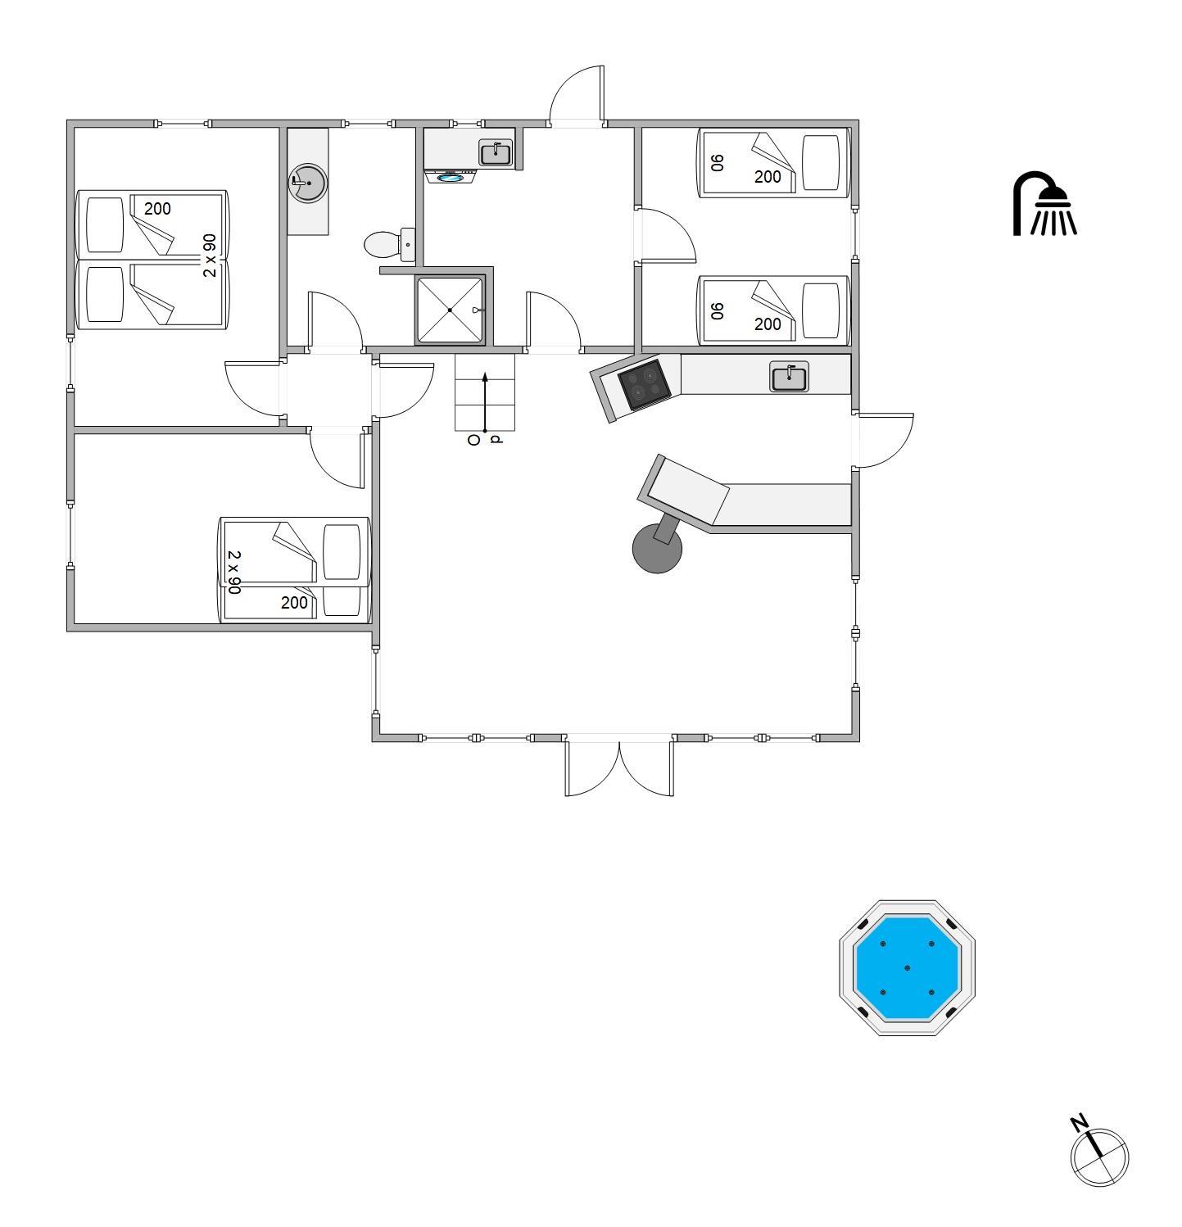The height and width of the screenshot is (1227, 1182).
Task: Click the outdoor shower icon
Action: tap(1044, 204)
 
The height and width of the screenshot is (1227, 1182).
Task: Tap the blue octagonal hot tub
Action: tap(907, 967)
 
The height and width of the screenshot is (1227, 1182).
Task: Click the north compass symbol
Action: tap(1098, 1152)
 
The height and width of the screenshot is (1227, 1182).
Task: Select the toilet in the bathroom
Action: tap(382, 243)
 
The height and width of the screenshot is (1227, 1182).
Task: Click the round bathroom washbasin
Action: tap(308, 182)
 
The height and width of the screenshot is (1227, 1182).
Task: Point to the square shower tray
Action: tap(450, 310)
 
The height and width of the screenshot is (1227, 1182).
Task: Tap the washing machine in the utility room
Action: tap(451, 175)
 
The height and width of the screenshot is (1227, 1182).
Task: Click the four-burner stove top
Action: tap(645, 384)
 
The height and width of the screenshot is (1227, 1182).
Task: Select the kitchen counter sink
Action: tap(789, 378)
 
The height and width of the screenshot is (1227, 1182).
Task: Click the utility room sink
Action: tap(495, 153)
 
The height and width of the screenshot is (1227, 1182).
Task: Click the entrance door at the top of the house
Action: tap(577, 95)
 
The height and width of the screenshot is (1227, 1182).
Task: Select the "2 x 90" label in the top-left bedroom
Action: tap(210, 256)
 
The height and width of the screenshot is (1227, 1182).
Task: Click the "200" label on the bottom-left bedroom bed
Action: tap(294, 603)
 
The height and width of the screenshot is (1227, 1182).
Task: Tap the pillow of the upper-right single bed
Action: tap(821, 162)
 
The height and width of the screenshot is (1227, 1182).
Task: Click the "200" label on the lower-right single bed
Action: tap(768, 324)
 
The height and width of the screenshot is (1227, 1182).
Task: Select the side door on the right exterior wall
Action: tap(884, 441)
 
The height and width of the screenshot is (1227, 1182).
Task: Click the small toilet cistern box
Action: tap(407, 244)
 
